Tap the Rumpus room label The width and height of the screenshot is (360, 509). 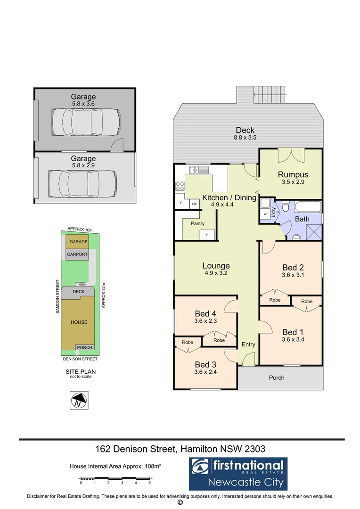tap(293, 174)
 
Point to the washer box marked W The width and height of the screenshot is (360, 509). tap(265, 214)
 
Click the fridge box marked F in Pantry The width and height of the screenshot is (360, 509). tap(207, 234)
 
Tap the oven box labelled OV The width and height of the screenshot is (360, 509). tap(194, 204)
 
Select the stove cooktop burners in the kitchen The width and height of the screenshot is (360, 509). tap(180, 186)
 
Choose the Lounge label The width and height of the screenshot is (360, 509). tap(216, 266)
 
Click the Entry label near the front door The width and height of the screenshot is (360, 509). tap(248, 345)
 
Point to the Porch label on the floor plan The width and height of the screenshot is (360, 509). tap(277, 378)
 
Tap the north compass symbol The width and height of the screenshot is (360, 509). tap(79, 401)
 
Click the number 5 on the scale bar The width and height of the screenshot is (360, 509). tap(149, 483)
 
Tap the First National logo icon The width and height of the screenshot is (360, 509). tap(202, 466)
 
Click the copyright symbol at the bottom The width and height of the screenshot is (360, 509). tap(180, 503)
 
